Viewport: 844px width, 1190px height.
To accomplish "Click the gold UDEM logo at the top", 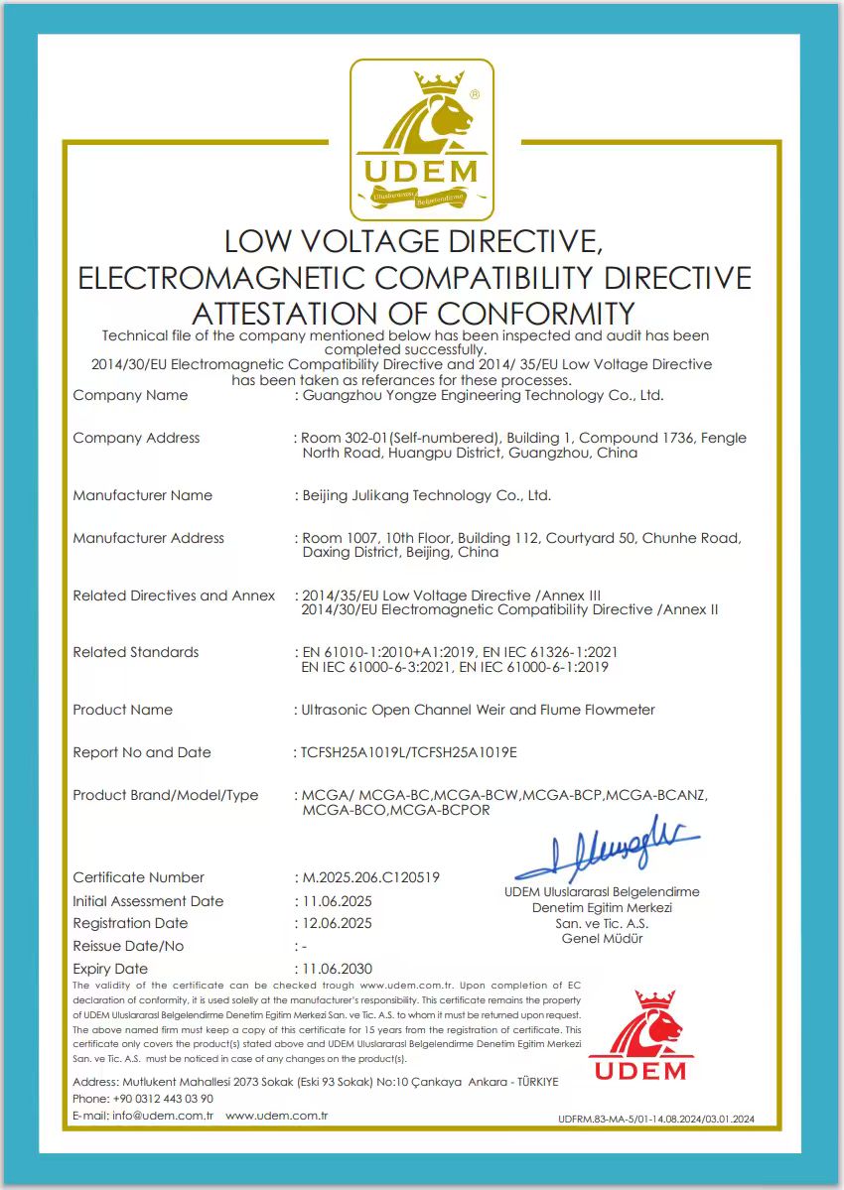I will coord(422,140).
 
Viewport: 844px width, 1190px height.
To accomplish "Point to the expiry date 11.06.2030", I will coord(338,969).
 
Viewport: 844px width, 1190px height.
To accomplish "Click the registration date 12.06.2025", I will coord(338,923).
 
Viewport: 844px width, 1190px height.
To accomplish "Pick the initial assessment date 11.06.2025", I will coord(338,901).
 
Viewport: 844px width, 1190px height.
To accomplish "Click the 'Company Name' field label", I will coord(130,395).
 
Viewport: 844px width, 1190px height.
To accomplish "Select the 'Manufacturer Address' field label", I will coord(149,538).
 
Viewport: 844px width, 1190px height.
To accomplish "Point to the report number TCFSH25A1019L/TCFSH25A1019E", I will coord(409,752).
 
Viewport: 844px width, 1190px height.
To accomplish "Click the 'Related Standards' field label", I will coord(136,652).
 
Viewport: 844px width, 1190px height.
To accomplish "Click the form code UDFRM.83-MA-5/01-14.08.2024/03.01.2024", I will coord(656,1119).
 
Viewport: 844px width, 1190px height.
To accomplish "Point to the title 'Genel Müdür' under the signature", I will coord(602,938).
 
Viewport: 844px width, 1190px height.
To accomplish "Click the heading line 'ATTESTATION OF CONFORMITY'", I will coord(413,314).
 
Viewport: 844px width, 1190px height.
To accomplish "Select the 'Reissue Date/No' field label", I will coord(128,946).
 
